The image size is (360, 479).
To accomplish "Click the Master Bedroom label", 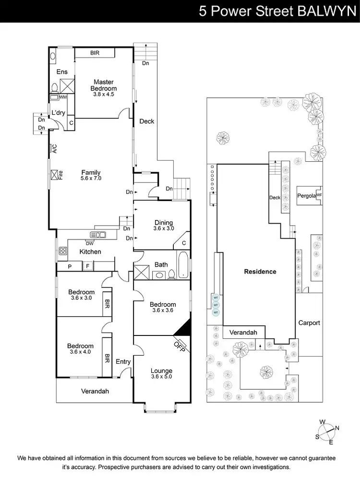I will [104, 85].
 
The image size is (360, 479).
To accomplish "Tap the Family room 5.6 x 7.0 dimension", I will [91, 178].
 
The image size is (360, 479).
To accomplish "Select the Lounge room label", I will [161, 371].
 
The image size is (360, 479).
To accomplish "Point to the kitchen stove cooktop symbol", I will [62, 251].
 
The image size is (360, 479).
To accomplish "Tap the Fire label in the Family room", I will [60, 174].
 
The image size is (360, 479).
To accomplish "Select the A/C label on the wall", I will [54, 149].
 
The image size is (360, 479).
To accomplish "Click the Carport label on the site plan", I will [309, 323].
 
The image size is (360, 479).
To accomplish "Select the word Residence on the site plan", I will [260, 271].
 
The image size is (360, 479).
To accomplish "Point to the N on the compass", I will [337, 429].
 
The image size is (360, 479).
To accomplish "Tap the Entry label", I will [123, 361].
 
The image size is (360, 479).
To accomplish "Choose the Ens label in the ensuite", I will [62, 72].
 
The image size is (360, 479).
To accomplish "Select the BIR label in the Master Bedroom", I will [94, 53].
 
